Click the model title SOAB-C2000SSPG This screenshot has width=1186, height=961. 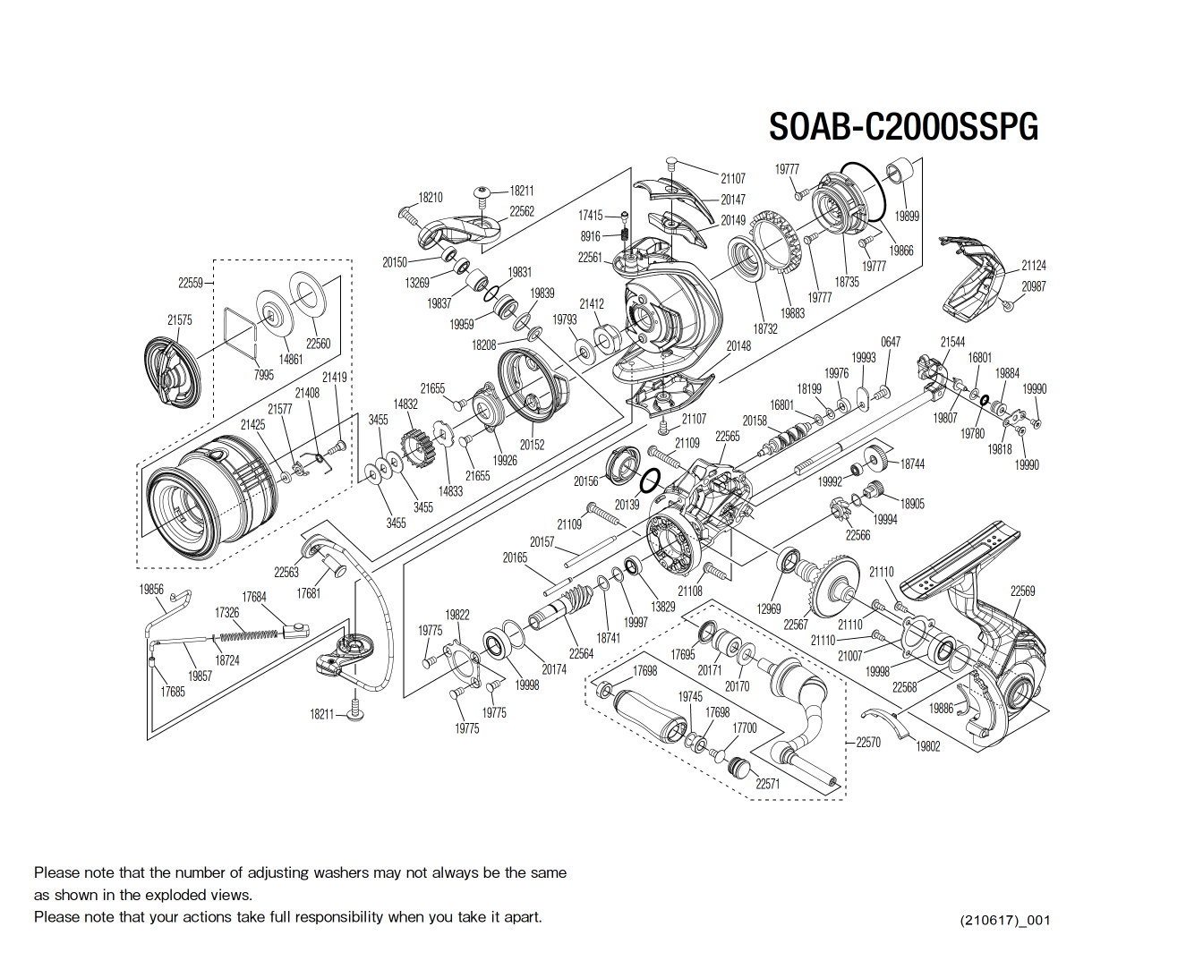pyautogui.click(x=902, y=127)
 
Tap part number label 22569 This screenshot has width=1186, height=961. pyautogui.click(x=1022, y=591)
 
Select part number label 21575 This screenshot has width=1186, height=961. pyautogui.click(x=179, y=319)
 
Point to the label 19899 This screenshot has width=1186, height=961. pyautogui.click(x=906, y=216)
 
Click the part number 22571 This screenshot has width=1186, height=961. pyautogui.click(x=767, y=784)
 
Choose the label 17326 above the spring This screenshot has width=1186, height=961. pyautogui.click(x=226, y=613)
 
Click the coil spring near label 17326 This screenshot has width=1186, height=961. pyautogui.click(x=249, y=636)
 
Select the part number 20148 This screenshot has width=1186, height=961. pyautogui.click(x=738, y=346)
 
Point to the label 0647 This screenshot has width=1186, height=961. pyautogui.click(x=890, y=342)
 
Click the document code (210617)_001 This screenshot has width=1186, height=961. pyautogui.click(x=1004, y=920)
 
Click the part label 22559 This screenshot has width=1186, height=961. pyautogui.click(x=190, y=283)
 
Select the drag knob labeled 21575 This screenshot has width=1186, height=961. pyautogui.click(x=172, y=370)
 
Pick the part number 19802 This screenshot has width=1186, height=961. pyautogui.click(x=927, y=746)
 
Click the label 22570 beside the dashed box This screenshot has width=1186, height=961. pyautogui.click(x=867, y=742)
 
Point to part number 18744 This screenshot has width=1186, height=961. pyautogui.click(x=912, y=464)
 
